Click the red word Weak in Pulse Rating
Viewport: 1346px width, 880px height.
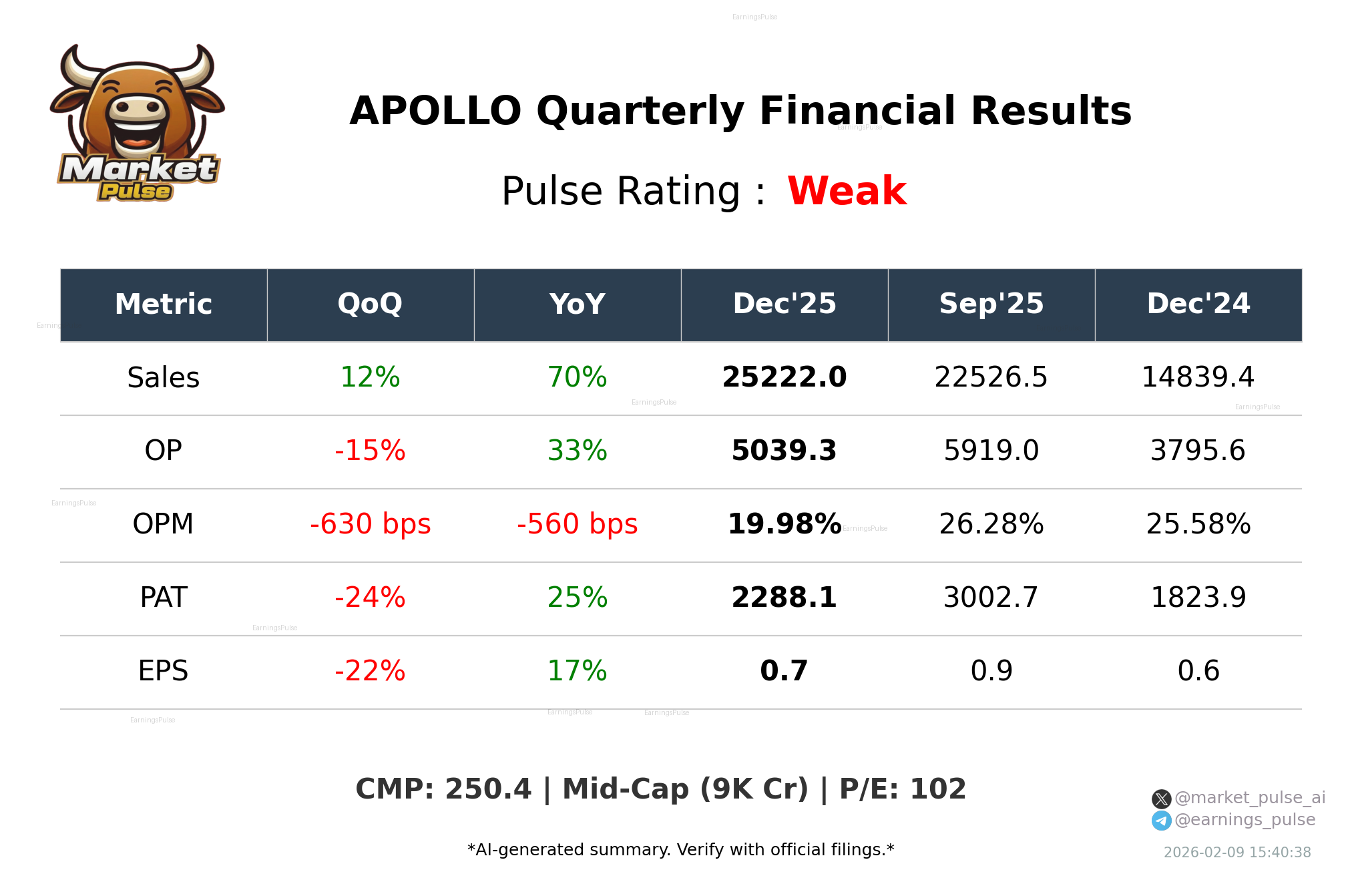click(x=847, y=191)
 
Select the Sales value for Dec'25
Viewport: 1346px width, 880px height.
click(x=784, y=377)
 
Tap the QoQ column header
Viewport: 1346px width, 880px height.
click(x=370, y=304)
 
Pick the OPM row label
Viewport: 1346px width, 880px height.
click(x=163, y=524)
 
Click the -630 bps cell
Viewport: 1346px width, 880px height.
click(x=370, y=524)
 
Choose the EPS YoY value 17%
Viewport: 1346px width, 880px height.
click(x=577, y=671)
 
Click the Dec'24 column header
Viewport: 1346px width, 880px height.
click(x=1198, y=304)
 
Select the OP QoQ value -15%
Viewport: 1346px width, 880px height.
click(x=370, y=451)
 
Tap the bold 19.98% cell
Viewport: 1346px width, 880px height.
click(x=784, y=524)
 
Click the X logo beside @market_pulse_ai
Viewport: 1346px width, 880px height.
click(x=1161, y=799)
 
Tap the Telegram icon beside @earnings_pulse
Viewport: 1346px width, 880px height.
click(x=1161, y=821)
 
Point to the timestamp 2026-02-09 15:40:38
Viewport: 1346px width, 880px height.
click(x=1237, y=853)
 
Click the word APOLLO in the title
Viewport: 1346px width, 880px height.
click(x=435, y=111)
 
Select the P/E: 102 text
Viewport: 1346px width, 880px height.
click(x=902, y=789)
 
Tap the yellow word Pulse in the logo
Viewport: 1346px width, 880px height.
click(x=135, y=192)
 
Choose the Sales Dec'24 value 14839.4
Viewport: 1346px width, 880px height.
click(x=1198, y=377)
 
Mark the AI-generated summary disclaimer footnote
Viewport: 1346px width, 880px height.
click(x=680, y=850)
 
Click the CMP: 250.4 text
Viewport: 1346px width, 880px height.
click(x=443, y=789)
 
